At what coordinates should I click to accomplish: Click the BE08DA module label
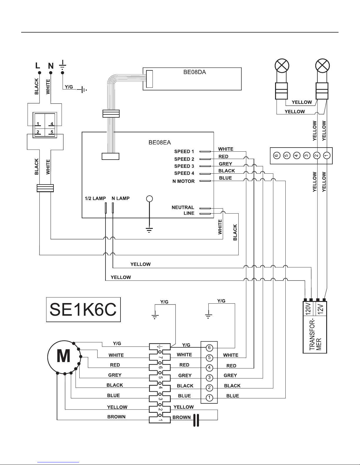[195, 72]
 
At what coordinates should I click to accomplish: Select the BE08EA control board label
[160, 143]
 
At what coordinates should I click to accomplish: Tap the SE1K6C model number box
[83, 310]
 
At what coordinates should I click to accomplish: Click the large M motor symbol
[64, 356]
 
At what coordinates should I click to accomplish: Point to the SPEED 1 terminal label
[184, 151]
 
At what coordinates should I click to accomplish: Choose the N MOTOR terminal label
[184, 181]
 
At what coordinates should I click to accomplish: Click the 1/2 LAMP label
[95, 198]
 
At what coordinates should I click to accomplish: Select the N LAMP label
[121, 198]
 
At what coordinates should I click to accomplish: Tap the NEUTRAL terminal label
[183, 207]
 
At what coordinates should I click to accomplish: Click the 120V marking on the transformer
[308, 309]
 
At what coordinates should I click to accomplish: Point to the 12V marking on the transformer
[320, 309]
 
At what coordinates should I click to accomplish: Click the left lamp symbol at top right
[282, 65]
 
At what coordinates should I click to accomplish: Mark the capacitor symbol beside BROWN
[196, 420]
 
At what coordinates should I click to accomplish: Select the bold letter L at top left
[38, 65]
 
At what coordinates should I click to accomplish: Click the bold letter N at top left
[51, 66]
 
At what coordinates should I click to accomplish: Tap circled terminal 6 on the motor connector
[209, 348]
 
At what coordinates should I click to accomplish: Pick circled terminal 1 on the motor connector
[209, 398]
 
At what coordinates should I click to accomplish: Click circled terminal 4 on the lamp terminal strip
[297, 155]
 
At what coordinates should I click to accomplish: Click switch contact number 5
[52, 132]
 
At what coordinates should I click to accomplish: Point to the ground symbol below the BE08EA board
[149, 230]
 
